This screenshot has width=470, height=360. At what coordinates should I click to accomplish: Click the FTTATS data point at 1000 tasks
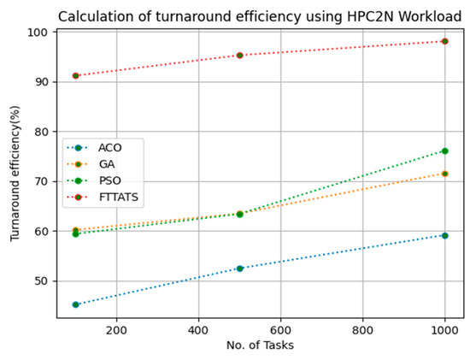[x=444, y=41]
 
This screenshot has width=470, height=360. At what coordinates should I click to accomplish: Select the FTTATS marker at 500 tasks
[x=240, y=55]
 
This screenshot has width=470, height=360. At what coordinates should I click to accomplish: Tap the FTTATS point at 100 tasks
[x=76, y=75]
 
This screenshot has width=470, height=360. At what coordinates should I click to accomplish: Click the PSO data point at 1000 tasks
[x=444, y=151]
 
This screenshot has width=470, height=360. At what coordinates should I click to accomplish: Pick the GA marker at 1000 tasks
[x=444, y=174]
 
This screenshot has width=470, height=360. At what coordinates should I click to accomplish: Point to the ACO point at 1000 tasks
[x=444, y=235]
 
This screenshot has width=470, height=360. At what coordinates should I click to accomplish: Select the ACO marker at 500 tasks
[x=240, y=269]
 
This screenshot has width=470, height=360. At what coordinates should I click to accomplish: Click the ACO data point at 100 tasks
[x=76, y=304]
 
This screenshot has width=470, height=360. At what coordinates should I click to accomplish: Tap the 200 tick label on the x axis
[x=116, y=328]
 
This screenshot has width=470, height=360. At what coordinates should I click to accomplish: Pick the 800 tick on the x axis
[x=362, y=328]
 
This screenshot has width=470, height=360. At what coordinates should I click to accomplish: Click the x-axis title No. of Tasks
[x=260, y=346]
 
